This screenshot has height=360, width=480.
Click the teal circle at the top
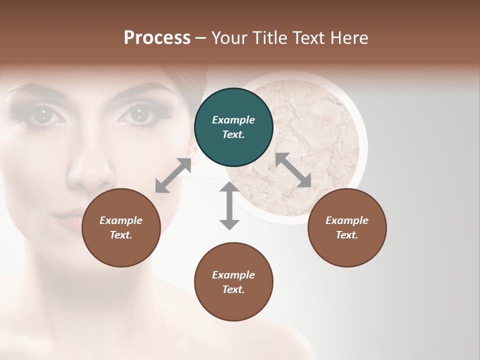(x=233, y=127)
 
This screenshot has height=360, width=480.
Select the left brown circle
(x=121, y=228)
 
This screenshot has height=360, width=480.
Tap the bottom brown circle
(x=233, y=282)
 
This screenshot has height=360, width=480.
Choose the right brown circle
(x=346, y=228)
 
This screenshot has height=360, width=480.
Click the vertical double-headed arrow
(x=229, y=205)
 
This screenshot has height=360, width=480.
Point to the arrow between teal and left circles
(x=173, y=175)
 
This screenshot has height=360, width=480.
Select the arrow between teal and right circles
(x=293, y=170)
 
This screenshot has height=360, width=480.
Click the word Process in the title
(x=157, y=38)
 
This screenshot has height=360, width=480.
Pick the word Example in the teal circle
(x=233, y=120)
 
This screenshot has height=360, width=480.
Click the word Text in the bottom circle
(x=232, y=289)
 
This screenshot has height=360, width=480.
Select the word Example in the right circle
(x=346, y=220)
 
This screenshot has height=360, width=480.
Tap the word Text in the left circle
(x=120, y=235)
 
